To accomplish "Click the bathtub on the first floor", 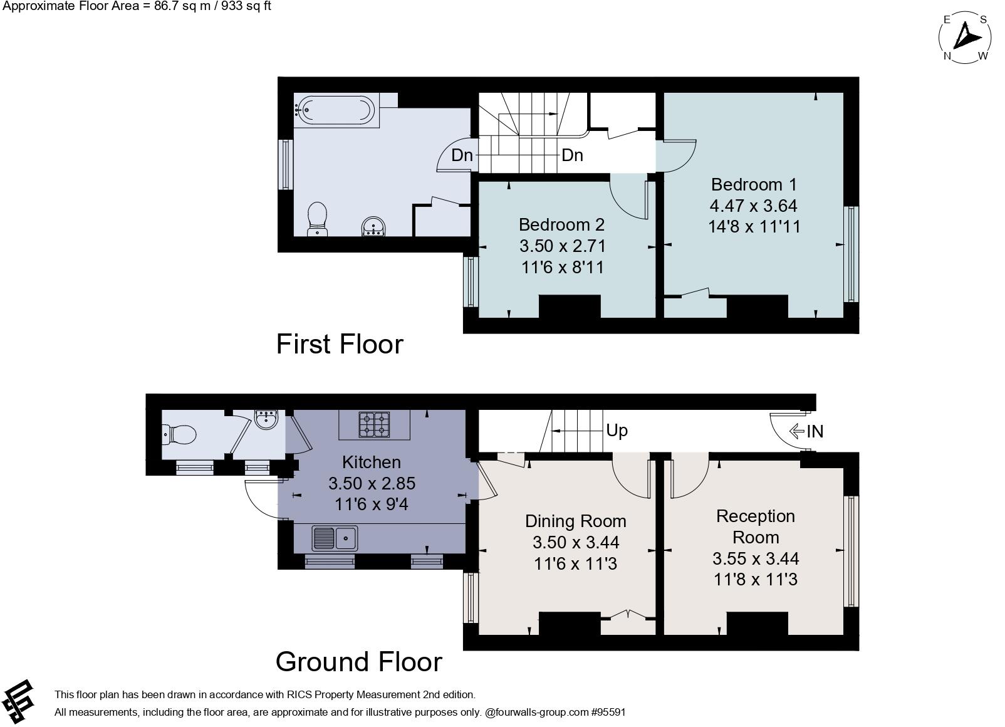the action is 337,110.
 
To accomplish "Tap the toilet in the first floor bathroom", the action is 318,219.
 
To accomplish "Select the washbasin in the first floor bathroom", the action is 373,226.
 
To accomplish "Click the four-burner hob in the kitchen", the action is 374,424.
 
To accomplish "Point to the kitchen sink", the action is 335,538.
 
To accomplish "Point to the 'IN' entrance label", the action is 815,432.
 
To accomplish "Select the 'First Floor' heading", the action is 340,344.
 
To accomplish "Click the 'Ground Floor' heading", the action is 359,662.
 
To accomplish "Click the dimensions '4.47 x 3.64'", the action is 754,206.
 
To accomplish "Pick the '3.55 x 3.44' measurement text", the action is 756,558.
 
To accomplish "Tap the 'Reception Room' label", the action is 756,527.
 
